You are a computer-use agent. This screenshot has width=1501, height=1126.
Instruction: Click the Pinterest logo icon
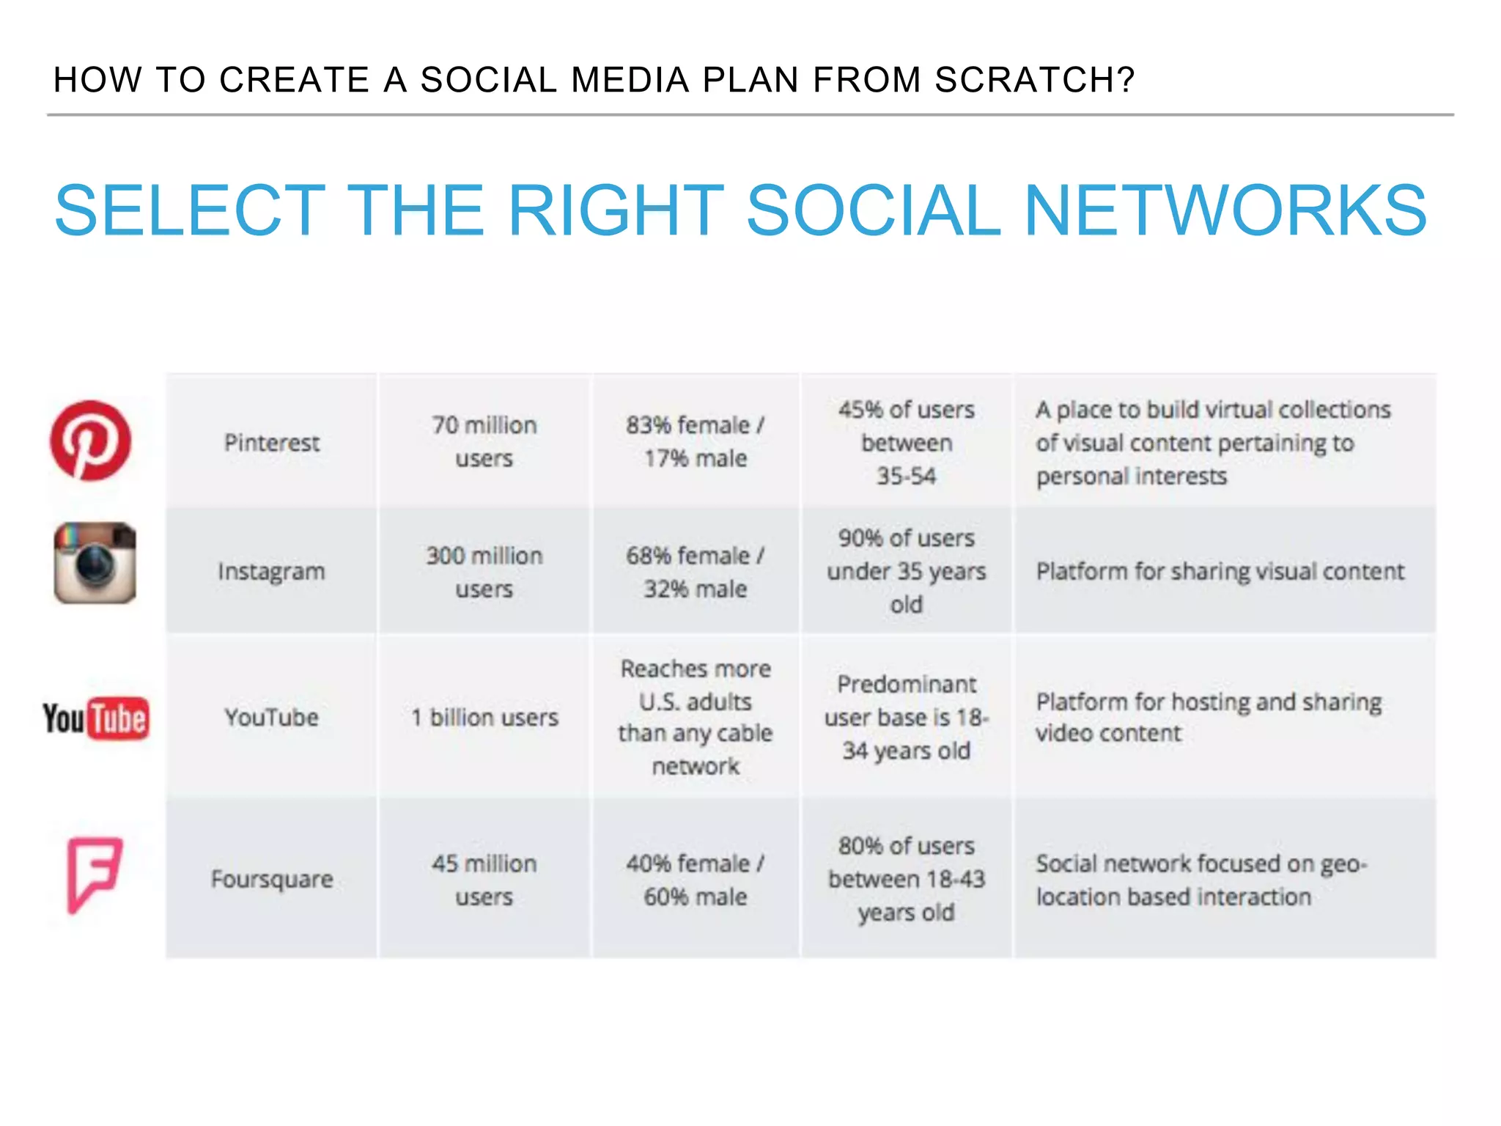click(90, 441)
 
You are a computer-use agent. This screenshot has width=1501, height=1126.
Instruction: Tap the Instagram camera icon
click(95, 563)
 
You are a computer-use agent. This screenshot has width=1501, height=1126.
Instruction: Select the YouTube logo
click(96, 718)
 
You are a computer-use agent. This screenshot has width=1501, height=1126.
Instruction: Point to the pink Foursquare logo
click(94, 874)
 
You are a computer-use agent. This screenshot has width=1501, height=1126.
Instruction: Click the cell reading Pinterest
click(271, 442)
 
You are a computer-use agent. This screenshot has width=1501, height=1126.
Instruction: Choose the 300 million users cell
click(484, 572)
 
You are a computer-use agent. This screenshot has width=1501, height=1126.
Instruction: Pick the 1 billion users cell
click(484, 717)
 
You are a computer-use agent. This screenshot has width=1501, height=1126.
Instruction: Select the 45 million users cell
click(484, 879)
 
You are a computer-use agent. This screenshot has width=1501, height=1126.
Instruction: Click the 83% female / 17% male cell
click(695, 441)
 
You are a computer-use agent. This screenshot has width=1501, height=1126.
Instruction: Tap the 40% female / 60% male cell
click(695, 879)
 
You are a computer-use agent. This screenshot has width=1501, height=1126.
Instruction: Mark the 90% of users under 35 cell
click(906, 571)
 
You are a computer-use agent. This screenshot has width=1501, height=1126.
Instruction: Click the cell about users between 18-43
click(906, 879)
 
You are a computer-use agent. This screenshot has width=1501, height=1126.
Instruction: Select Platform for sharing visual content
click(1220, 571)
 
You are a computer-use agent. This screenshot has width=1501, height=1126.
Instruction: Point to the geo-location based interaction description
click(1202, 880)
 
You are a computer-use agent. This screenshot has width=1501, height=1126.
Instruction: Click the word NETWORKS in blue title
click(1225, 210)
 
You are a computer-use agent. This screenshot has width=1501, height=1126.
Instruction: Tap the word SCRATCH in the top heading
click(1033, 80)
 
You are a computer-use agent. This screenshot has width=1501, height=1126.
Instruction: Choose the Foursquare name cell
click(271, 879)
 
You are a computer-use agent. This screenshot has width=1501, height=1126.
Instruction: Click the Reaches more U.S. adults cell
click(695, 717)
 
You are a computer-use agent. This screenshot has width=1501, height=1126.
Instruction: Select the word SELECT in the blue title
click(190, 210)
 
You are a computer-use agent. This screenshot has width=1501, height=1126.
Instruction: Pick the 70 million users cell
click(484, 441)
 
